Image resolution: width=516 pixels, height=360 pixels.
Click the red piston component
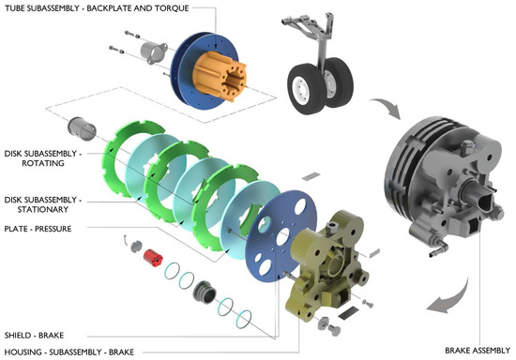click(x=153, y=258)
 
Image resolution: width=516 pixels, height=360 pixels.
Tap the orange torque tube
click(x=220, y=76)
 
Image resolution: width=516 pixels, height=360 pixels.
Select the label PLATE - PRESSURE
click(x=38, y=229)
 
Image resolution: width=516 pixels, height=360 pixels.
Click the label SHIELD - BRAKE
click(x=34, y=336)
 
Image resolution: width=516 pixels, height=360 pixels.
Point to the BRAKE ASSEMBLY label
click(x=478, y=351)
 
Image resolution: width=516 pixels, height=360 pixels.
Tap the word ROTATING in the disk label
click(x=43, y=163)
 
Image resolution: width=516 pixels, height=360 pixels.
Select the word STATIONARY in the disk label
click(x=43, y=209)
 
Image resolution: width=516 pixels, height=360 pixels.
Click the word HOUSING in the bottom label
click(x=23, y=352)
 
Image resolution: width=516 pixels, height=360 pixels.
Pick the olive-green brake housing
click(x=326, y=263)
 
